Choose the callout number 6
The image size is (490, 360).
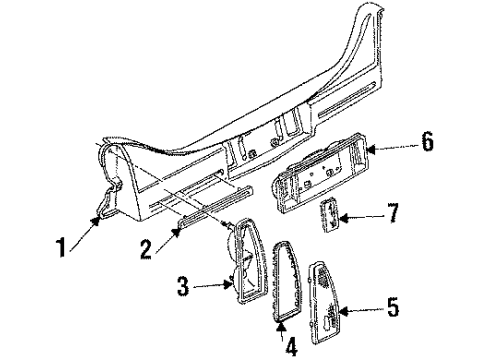coord(427,144)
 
